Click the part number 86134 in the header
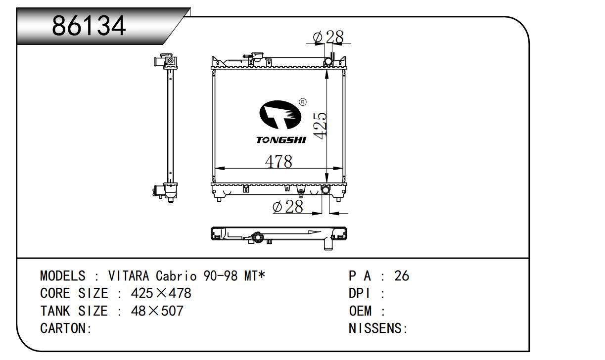89,26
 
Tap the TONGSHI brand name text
281,140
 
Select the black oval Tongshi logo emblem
280,115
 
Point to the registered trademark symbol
303,102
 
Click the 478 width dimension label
279,162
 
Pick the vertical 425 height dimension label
321,126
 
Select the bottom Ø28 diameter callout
288,207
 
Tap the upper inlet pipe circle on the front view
328,62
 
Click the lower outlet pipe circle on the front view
326,190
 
